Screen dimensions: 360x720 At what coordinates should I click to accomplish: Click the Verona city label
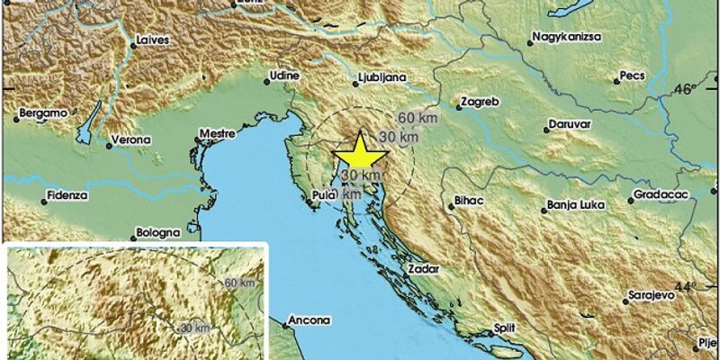coord(127,141)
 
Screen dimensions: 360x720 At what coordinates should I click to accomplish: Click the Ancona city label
coord(310,320)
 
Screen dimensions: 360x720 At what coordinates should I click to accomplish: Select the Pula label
coord(321,193)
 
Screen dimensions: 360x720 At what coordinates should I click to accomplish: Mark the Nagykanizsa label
coord(566,38)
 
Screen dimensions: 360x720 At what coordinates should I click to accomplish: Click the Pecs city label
coord(634,77)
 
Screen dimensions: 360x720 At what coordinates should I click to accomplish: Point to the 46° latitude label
coord(687,89)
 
